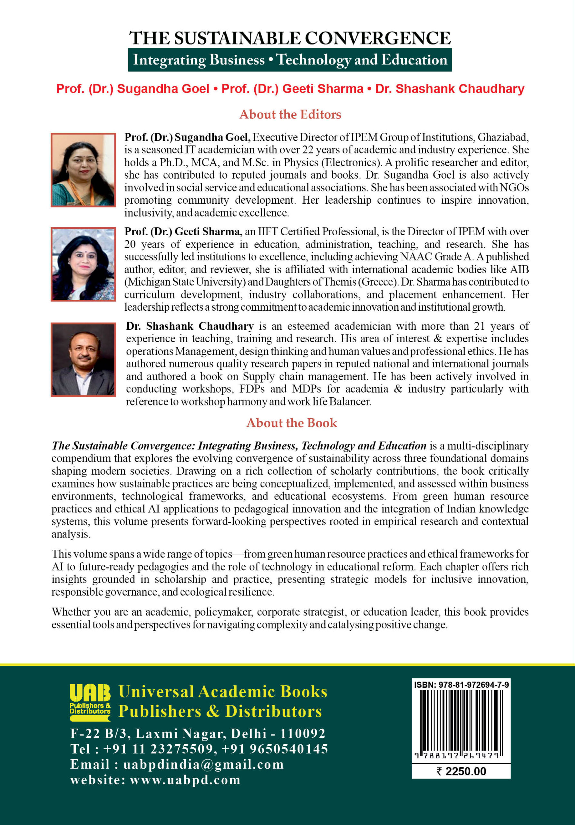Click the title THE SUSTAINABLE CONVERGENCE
pyautogui.click(x=290, y=38)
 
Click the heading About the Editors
pyautogui.click(x=290, y=114)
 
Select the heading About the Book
pyautogui.click(x=291, y=423)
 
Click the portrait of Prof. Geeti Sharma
pyautogui.click(x=83, y=264)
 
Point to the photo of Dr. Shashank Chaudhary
pyautogui.click(x=83, y=360)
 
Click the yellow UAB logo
pyautogui.click(x=90, y=703)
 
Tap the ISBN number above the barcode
pyautogui.click(x=461, y=685)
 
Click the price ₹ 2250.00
pyautogui.click(x=461, y=772)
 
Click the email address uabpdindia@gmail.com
pyautogui.click(x=203, y=764)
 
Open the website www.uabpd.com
pyautogui.click(x=185, y=780)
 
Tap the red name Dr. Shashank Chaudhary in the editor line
pyautogui.click(x=450, y=89)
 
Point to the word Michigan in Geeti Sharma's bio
pyautogui.click(x=149, y=282)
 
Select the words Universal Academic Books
pyautogui.click(x=223, y=692)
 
